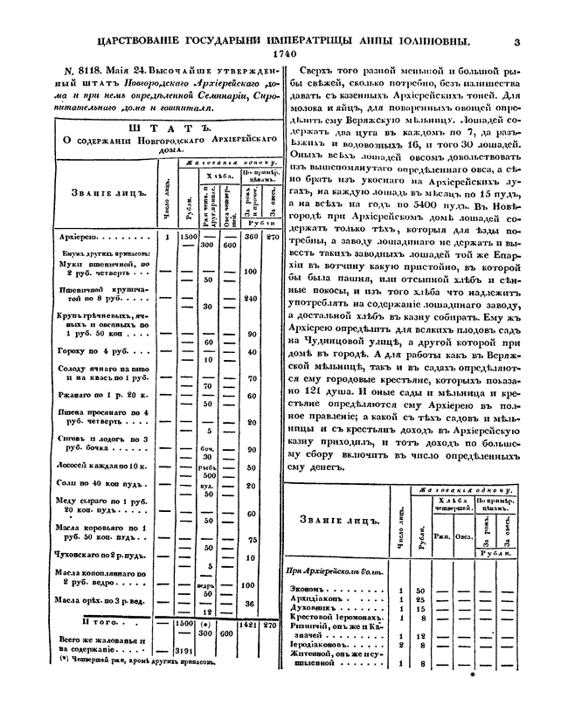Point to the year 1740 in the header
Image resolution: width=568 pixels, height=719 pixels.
pyautogui.click(x=284, y=53)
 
